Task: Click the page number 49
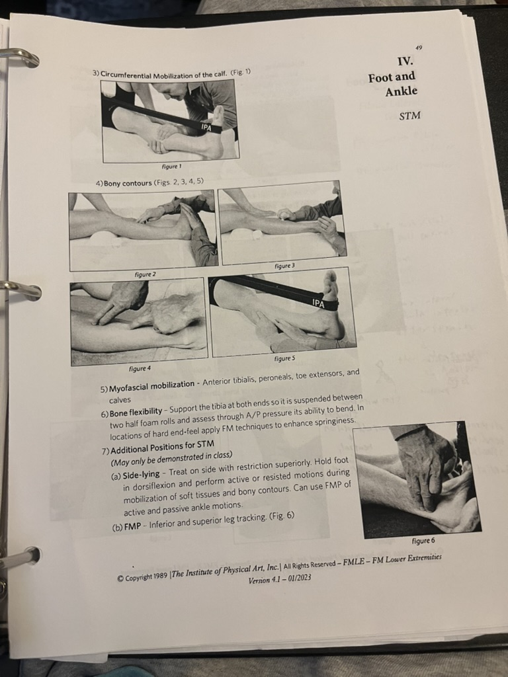pos(419,48)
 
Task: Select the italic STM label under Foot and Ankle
pos(409,116)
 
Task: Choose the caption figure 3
pos(283,266)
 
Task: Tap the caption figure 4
pos(140,368)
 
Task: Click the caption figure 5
pos(283,358)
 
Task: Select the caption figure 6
pos(423,540)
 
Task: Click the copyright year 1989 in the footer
pos(157,575)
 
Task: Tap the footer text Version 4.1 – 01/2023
pos(279,580)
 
